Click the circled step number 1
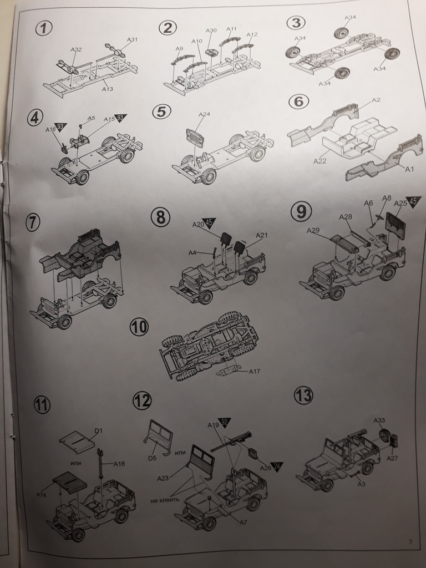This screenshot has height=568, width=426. click(x=43, y=28)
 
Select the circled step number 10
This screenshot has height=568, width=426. click(x=139, y=327)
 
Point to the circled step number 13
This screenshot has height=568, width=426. click(x=303, y=395)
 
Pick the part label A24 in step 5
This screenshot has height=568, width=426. click(x=204, y=115)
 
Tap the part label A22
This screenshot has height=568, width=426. click(x=319, y=161)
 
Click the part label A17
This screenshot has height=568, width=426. click(x=255, y=371)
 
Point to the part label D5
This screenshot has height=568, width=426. click(x=153, y=458)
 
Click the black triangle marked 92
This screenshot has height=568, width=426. click(x=225, y=423)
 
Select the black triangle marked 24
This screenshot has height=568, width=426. click(x=276, y=466)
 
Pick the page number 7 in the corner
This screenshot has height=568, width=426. click(x=411, y=542)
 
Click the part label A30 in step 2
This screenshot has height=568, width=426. click(x=211, y=31)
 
